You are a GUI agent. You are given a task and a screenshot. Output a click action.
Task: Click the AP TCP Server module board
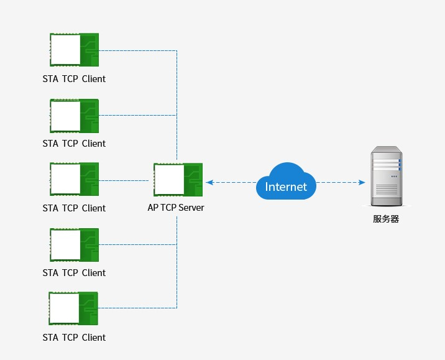point(178,180)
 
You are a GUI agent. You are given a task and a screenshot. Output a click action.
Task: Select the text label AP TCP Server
point(176,208)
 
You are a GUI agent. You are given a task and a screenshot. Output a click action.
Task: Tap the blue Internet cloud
point(286,182)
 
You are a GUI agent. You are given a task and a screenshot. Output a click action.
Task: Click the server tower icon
point(385,177)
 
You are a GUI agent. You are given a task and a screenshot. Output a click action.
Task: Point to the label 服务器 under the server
point(385,219)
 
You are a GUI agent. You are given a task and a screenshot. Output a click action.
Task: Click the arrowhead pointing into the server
point(361,182)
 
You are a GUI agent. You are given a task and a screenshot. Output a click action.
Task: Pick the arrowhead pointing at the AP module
point(209,182)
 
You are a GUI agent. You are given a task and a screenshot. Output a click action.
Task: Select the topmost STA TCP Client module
point(74,50)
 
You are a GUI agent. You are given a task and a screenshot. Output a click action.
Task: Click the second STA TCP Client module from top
point(74,116)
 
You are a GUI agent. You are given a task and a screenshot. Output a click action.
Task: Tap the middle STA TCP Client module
point(74,179)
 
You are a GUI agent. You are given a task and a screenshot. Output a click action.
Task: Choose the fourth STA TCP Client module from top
point(74,244)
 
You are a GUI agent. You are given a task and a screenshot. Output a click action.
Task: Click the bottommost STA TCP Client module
point(73,309)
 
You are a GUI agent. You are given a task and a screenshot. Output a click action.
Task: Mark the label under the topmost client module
point(74,79)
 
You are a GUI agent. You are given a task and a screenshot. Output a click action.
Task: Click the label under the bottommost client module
point(74,338)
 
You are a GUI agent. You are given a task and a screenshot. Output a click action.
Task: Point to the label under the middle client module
point(74,208)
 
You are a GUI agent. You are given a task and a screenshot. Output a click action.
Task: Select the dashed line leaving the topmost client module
point(137,50)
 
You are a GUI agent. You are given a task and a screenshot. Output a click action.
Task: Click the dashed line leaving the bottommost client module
point(137,308)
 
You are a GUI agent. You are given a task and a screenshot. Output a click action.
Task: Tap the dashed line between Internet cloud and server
point(339,182)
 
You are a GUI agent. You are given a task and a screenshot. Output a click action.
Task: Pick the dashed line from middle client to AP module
point(124,180)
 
